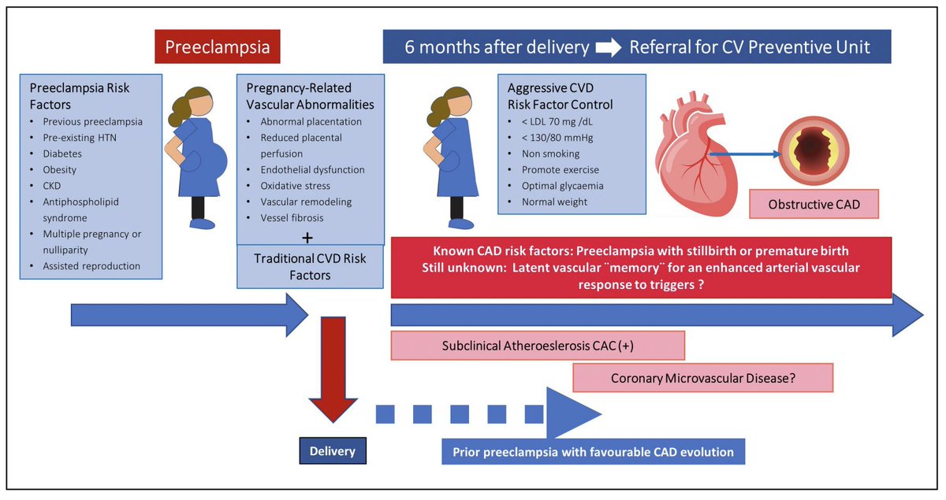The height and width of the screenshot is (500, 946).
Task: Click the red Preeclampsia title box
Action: [217, 47]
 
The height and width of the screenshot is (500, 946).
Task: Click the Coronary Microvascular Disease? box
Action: [702, 378]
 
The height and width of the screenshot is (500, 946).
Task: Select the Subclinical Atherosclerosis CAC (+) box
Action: [538, 345]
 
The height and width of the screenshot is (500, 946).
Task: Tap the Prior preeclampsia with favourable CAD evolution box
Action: [592, 452]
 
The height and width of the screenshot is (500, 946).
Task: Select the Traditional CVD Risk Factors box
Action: [310, 266]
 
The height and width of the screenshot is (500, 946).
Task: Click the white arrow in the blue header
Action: [609, 47]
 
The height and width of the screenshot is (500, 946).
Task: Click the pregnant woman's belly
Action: [210, 161]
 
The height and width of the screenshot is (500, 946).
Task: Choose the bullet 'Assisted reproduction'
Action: [91, 265]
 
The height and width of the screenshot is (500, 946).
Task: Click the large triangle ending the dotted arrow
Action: [569, 413]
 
